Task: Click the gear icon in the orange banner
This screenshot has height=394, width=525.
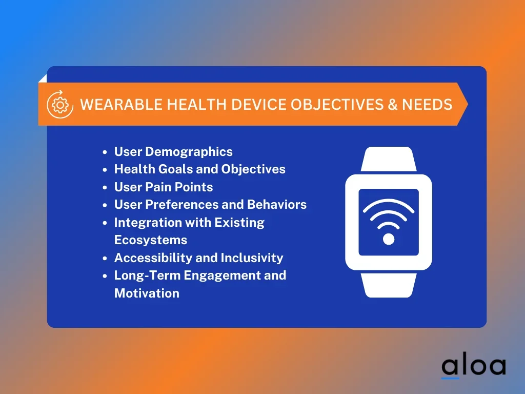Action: (60, 104)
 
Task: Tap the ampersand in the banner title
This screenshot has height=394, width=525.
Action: (393, 105)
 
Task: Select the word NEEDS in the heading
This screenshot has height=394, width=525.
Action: (427, 105)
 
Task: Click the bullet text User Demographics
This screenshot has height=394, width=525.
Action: (173, 152)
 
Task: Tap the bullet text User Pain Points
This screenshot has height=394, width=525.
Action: (164, 187)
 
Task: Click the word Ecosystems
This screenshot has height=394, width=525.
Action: (151, 240)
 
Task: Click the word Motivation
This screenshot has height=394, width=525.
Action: (147, 293)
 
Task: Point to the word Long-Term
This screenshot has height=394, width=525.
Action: (147, 275)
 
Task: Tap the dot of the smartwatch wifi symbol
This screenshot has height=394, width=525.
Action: (389, 239)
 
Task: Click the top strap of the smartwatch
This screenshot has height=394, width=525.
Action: (389, 159)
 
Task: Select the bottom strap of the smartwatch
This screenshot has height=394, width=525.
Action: (389, 285)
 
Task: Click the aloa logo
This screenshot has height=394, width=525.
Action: (473, 367)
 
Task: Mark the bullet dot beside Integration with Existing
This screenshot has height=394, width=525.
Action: (105, 223)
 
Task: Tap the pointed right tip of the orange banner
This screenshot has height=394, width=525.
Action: (468, 104)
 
